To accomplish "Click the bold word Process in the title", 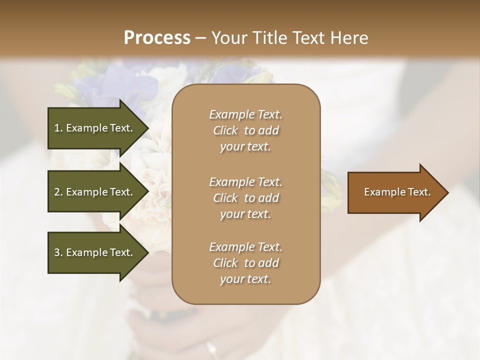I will click(x=157, y=38).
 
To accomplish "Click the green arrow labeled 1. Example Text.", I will click(x=95, y=128).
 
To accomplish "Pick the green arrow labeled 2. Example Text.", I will click(x=95, y=192).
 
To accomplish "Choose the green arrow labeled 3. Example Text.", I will click(x=95, y=252).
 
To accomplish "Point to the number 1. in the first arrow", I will click(x=58, y=128).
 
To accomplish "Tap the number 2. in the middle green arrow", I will click(x=58, y=192).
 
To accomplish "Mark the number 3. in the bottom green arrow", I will click(x=58, y=252).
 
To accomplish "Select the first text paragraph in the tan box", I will click(x=245, y=130).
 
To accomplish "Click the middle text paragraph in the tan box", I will click(x=245, y=197).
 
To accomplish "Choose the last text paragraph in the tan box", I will click(x=245, y=263).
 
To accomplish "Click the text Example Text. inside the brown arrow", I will click(x=397, y=192).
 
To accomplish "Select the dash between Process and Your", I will click(x=201, y=38).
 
